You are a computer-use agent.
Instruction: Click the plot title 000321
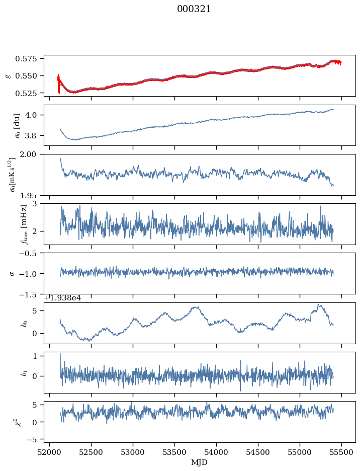pyautogui.click(x=194, y=9)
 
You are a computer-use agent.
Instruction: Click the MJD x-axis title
pyautogui.click(x=199, y=462)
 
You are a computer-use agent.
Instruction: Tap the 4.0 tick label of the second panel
pyautogui.click(x=33, y=115)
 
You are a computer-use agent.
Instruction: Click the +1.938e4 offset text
pyautogui.click(x=63, y=298)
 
